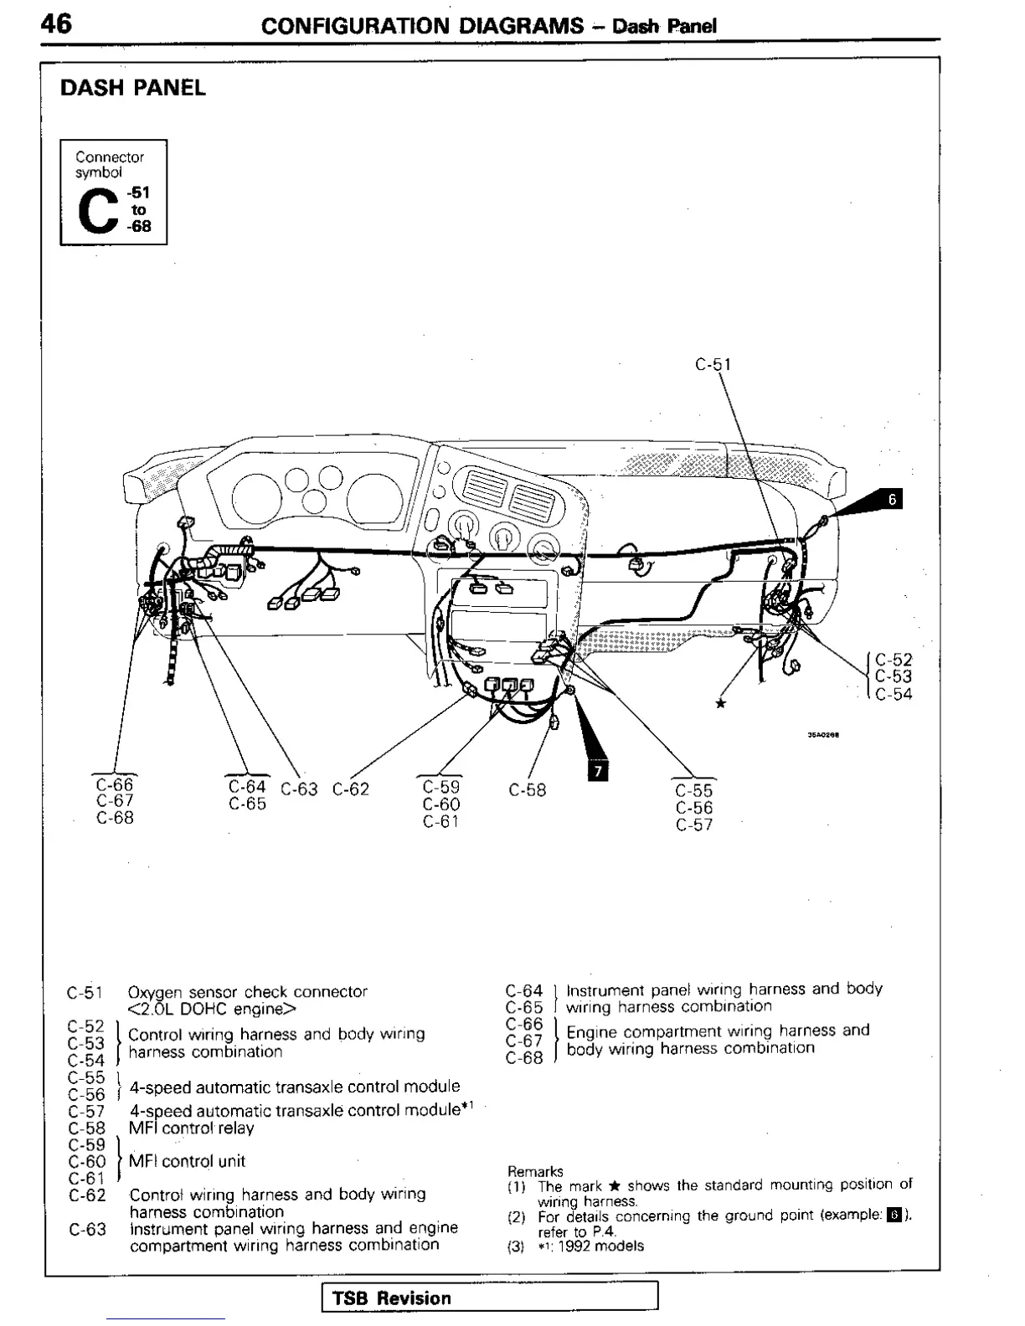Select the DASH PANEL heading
pos(132,88)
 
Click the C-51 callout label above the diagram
pos(713,364)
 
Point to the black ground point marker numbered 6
pos(892,500)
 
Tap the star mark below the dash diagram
pos(720,703)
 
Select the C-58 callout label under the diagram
pos(527,789)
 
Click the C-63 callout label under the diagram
pos(299,789)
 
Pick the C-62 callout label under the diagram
pos(350,789)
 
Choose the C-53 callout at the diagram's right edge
pos(894,676)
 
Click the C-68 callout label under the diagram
pos(115,818)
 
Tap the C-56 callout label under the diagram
pos(694,808)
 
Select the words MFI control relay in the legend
pos(191,1128)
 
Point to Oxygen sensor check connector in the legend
pos(247,992)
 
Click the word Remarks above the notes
pos(535,1171)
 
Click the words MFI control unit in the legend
pos(187,1161)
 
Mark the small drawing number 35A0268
pos(823,735)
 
